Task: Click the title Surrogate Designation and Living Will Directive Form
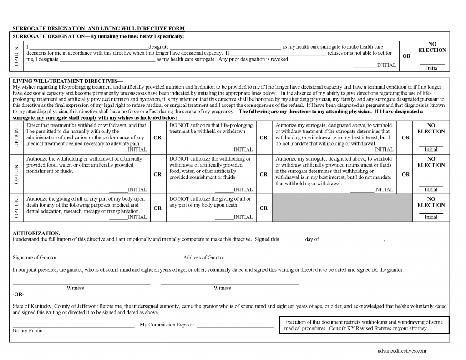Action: click(98, 28)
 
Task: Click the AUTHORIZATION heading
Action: click(36, 233)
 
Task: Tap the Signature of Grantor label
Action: click(35, 257)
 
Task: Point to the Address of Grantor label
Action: click(203, 257)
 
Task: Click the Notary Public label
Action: click(27, 330)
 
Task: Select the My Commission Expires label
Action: click(167, 325)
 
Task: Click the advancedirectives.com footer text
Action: click(402, 351)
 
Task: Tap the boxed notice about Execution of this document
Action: click(363, 325)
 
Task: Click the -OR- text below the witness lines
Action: click(18, 294)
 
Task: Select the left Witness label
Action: click(75, 288)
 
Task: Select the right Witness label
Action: click(222, 288)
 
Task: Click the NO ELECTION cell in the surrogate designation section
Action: click(432, 56)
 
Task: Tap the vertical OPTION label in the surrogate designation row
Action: click(17, 56)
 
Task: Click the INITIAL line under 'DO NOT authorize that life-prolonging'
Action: click(234, 149)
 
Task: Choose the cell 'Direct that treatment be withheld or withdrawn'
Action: click(86, 134)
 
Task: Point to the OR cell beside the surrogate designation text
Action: click(406, 56)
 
